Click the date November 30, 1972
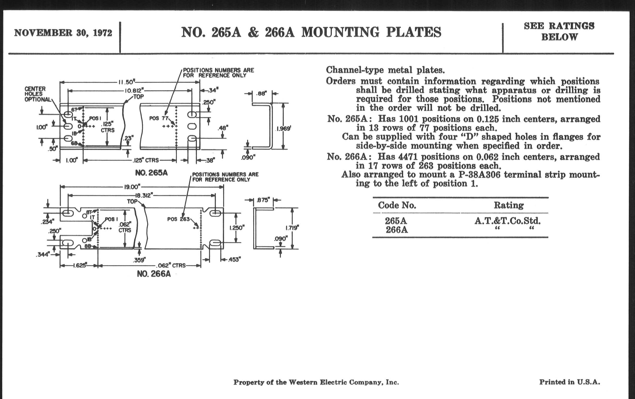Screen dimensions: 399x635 click(63, 33)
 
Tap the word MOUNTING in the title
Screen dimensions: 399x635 click(340, 32)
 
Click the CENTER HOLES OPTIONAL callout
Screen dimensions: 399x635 click(37, 94)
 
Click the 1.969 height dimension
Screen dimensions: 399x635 click(284, 129)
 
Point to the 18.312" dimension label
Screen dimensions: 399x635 click(144, 195)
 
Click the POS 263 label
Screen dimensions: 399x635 click(179, 219)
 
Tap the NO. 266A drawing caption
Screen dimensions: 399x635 click(154, 274)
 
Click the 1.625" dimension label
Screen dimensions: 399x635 click(79, 265)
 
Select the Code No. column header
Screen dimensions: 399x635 click(397, 205)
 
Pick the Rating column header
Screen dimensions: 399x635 click(509, 205)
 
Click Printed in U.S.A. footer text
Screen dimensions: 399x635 click(569, 382)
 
